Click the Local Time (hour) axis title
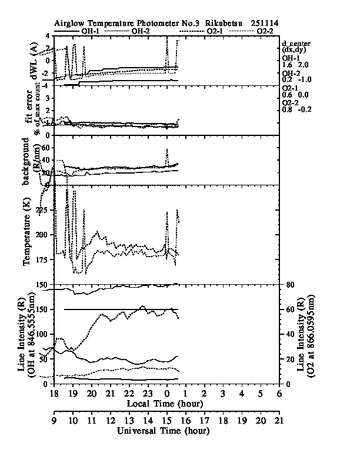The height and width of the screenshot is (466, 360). pos(165,403)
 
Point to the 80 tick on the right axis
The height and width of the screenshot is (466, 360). pos(289,285)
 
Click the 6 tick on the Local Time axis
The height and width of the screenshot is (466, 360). pos(279,392)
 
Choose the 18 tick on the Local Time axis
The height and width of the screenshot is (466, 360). pos(54,392)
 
